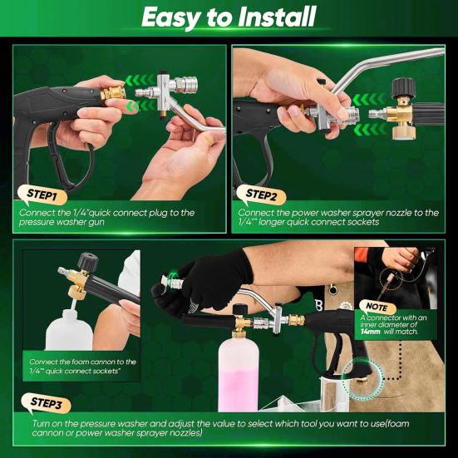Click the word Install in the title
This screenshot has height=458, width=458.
(x=277, y=17)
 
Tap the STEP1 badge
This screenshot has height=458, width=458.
(x=42, y=195)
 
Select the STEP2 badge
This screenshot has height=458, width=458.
(x=261, y=195)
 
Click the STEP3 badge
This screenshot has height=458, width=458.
(x=47, y=403)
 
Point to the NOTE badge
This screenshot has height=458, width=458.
(x=377, y=307)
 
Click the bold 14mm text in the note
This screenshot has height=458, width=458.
(x=371, y=332)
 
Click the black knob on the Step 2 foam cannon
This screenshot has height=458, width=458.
(x=403, y=86)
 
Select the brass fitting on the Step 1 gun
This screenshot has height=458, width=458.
(x=113, y=93)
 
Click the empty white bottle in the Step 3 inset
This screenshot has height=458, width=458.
(x=69, y=330)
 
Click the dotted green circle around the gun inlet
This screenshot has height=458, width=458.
(x=363, y=379)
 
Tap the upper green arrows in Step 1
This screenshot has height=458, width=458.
(x=140, y=80)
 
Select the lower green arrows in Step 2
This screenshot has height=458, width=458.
(x=368, y=130)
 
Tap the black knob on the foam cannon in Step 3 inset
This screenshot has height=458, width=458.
(x=87, y=262)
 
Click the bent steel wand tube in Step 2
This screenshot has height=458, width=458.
(x=388, y=66)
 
